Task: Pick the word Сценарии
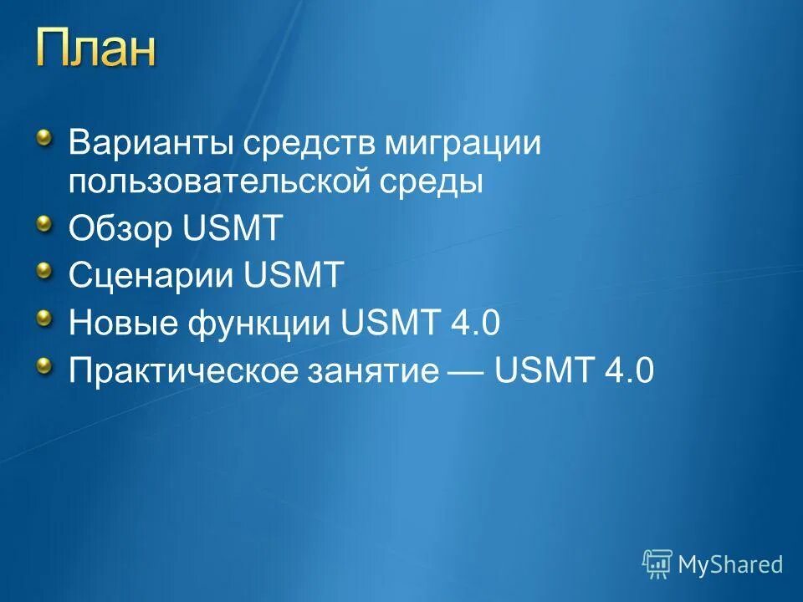tap(151, 275)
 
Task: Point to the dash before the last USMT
tap(467, 370)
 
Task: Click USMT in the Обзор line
tap(233, 229)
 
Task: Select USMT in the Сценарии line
tap(294, 275)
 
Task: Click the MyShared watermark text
tap(730, 564)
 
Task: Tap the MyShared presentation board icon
tap(657, 564)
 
